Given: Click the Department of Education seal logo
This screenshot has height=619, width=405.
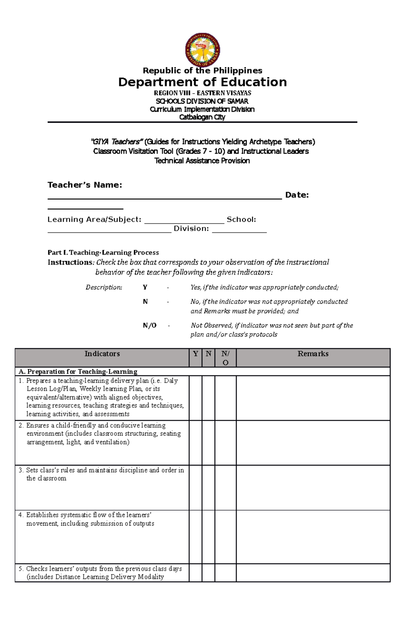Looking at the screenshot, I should click(202, 50).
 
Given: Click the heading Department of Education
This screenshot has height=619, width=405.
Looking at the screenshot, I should click(202, 82).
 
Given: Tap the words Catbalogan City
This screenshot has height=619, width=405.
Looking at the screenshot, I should click(202, 117).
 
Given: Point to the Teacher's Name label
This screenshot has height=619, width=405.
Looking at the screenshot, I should click(85, 185).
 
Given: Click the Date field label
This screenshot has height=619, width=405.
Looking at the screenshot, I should click(297, 195).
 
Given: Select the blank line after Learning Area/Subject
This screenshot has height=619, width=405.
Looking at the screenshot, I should click(184, 222).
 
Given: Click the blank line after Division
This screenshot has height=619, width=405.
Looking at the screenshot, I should click(239, 231).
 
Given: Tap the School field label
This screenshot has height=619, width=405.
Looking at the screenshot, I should click(241, 220).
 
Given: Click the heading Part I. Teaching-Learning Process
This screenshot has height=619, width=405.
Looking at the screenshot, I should click(103, 252).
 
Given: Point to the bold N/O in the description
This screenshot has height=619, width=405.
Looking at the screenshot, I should click(150, 325).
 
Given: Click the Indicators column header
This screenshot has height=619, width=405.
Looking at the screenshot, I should click(102, 354).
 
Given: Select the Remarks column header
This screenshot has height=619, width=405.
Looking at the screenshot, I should click(313, 354).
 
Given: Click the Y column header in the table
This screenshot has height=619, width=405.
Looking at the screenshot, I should click(195, 354).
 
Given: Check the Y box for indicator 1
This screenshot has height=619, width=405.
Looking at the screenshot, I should click(195, 398).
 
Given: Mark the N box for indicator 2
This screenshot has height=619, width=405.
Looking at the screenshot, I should click(209, 443).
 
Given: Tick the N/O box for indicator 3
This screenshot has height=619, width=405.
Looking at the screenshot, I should click(225, 487).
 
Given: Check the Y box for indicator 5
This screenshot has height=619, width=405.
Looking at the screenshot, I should click(195, 573).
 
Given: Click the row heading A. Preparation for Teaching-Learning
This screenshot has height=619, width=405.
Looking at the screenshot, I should click(78, 371).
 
